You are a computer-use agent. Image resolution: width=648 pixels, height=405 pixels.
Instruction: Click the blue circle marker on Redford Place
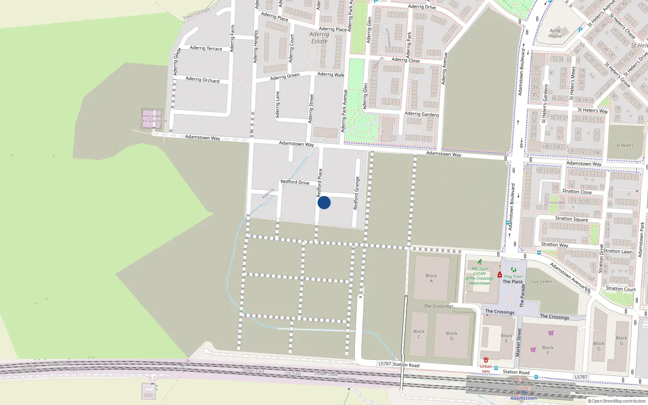(324, 202)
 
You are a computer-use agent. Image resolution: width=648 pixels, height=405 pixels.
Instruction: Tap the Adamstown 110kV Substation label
(151, 118)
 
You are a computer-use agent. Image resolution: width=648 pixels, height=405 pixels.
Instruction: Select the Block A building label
(431, 278)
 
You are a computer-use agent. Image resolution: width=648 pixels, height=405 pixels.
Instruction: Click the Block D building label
(452, 336)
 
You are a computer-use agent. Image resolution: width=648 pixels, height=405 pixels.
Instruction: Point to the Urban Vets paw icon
(486, 360)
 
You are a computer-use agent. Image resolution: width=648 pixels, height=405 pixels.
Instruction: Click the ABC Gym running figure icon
(480, 262)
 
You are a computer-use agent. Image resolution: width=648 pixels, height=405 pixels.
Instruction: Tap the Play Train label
(513, 277)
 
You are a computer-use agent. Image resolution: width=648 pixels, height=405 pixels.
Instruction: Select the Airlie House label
(555, 33)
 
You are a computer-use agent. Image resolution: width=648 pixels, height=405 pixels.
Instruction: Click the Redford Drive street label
(295, 182)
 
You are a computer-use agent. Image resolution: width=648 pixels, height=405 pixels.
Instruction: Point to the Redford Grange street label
(356, 193)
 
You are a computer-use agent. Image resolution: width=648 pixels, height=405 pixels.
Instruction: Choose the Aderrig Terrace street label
(206, 48)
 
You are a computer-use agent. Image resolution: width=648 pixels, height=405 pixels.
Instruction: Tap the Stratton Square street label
(571, 219)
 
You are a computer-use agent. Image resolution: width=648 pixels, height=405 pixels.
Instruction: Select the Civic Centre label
(541, 281)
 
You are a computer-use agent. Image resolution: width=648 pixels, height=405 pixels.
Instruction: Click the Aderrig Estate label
(319, 38)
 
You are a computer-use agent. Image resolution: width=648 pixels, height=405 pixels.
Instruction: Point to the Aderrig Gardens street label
(422, 114)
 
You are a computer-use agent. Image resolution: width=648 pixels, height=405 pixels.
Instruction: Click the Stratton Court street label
(621, 289)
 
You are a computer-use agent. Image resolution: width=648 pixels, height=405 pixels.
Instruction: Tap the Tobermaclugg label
(196, 14)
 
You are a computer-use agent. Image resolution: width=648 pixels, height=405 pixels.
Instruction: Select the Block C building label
(419, 334)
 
